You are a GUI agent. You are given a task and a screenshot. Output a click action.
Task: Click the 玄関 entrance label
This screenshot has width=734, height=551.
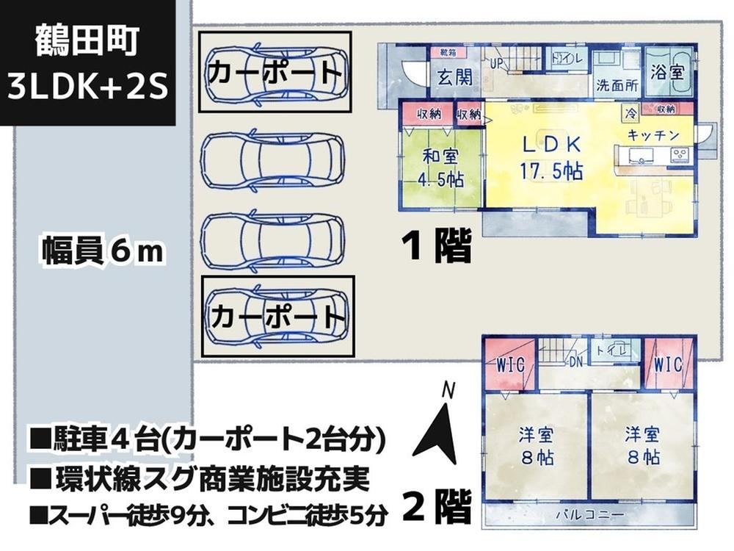pos(454,77)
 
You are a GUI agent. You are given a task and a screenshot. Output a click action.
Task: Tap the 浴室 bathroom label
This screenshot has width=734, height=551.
pos(667,72)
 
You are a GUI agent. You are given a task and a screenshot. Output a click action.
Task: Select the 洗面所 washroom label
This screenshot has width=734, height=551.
pos(617,86)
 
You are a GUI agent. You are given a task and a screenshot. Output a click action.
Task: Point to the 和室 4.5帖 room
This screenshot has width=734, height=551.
pos(440,168)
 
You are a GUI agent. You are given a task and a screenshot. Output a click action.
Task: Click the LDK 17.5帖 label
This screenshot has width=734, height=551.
pos(551,158)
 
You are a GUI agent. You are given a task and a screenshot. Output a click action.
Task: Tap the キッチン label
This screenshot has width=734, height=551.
pos(653,135)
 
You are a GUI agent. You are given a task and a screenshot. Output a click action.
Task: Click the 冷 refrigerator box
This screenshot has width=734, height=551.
pos(631,113)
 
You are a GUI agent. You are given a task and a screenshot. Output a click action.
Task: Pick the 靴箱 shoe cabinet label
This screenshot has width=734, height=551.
pos(448,52)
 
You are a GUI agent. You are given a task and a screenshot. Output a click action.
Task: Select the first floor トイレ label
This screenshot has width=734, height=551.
pos(567,59)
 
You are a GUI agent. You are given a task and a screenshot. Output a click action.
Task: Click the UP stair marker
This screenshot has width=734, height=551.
pos(496,63)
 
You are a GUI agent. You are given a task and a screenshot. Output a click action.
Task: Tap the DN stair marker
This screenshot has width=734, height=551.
pos(575,361)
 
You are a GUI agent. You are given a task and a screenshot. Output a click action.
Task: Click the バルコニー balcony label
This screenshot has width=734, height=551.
pos(591,515)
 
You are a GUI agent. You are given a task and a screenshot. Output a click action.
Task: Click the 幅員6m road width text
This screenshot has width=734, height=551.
pos(103,251)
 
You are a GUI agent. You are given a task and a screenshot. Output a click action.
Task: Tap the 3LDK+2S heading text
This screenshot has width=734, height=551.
pos(88,87)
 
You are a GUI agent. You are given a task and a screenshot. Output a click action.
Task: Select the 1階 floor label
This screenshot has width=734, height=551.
pos(436,245)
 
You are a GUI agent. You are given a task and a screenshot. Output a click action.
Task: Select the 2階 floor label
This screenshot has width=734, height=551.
pos(437,507)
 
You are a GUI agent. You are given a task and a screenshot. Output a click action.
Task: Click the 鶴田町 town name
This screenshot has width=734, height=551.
pos(87,40)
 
